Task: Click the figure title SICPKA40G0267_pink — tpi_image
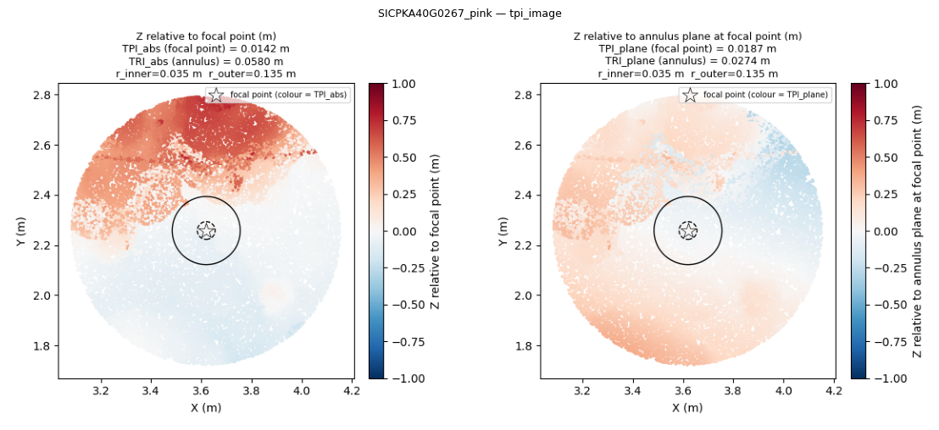470,14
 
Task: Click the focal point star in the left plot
206,230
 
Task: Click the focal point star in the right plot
688,230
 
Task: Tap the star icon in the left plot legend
216,95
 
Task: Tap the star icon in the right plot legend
690,95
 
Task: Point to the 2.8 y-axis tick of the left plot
46,95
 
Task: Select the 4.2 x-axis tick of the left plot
353,392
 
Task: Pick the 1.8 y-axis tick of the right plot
528,345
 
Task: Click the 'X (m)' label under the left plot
206,408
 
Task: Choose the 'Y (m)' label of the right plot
505,231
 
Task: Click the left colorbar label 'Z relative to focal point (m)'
436,231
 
